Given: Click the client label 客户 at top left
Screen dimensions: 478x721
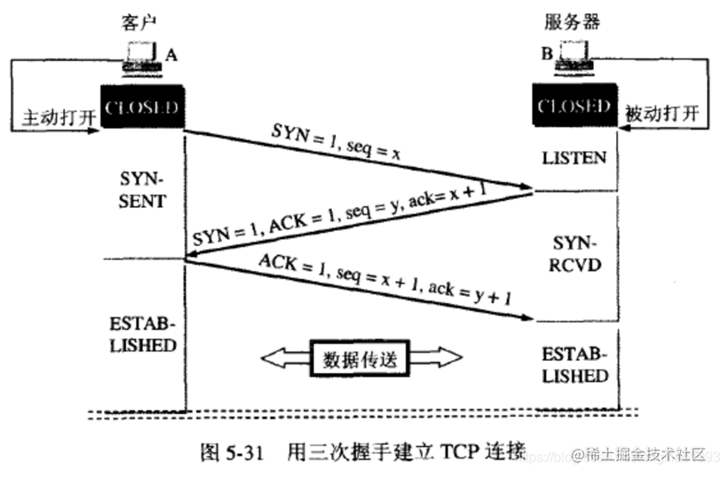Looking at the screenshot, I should [131, 20].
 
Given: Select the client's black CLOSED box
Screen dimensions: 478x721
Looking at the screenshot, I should [141, 108].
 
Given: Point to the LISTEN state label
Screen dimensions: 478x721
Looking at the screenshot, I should [574, 158].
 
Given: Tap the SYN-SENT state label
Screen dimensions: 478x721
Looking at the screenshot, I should [141, 189].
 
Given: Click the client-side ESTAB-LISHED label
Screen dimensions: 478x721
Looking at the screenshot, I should [140, 332].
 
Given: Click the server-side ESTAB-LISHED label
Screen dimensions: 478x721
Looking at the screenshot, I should [574, 364].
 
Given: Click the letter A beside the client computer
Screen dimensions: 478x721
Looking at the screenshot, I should [171, 54].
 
